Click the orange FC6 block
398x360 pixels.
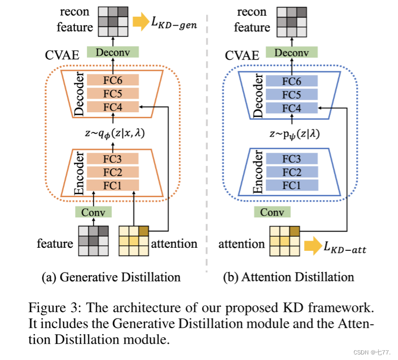[113, 80]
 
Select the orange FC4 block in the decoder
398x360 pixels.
[113, 107]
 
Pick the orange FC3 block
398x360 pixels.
[113, 158]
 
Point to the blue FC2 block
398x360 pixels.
[292, 171]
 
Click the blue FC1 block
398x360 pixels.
[292, 185]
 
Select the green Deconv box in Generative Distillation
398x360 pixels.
[113, 52]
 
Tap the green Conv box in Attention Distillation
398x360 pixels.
[272, 212]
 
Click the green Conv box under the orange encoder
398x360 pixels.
[92, 212]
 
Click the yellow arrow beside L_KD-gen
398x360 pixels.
[139, 21]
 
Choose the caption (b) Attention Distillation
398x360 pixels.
[288, 277]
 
